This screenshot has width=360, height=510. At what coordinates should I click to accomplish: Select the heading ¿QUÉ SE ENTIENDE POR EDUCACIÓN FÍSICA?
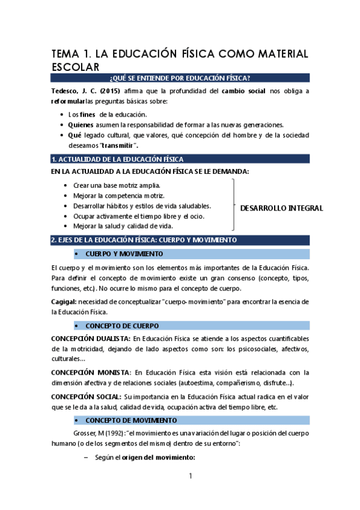(x=180, y=78)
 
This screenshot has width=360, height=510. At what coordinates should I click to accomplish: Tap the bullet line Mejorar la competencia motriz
(x=118, y=195)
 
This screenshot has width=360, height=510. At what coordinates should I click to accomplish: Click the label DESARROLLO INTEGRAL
(x=281, y=209)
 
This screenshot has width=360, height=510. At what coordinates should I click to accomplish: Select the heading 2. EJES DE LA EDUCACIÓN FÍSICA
(x=144, y=240)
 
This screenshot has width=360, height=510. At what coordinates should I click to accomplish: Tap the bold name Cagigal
(x=63, y=301)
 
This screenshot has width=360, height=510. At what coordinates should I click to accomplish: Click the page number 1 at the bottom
(x=191, y=477)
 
